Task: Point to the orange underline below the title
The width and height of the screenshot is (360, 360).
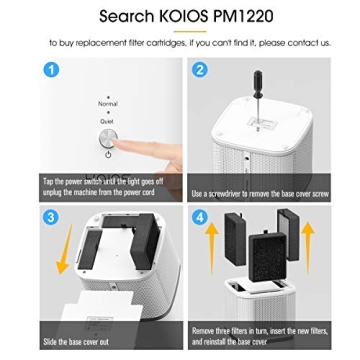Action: click(179, 32)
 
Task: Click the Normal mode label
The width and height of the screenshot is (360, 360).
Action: click(107, 103)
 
